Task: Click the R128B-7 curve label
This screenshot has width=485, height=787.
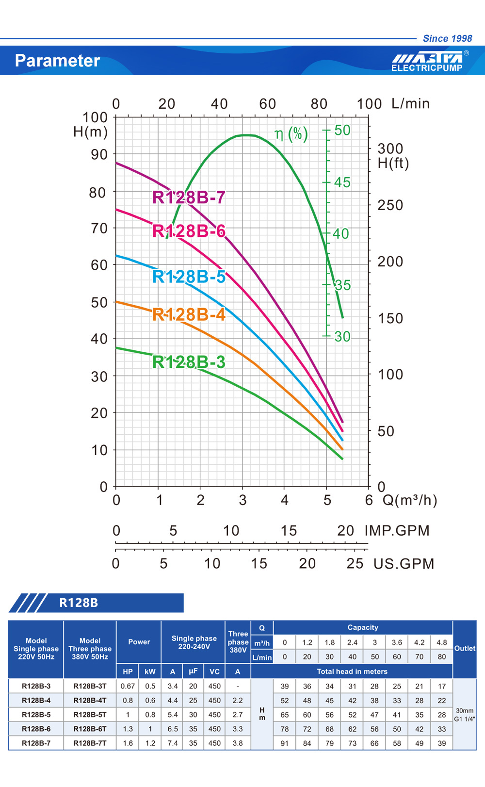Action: pos(189,197)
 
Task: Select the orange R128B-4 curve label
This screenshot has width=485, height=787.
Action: pos(189,315)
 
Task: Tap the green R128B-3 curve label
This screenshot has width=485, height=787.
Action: pos(189,362)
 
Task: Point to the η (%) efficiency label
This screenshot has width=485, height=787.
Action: pos(291,133)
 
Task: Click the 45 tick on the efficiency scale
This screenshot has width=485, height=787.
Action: pos(342,182)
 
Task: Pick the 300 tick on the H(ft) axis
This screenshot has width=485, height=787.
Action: pos(390,148)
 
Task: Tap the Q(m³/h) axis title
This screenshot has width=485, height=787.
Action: pos(410,500)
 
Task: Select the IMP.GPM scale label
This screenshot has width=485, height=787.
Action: pos(397,530)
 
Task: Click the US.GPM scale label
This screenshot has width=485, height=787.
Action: pos(404,564)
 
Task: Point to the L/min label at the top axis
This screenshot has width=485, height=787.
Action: pos(410,103)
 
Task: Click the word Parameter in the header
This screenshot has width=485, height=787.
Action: pos(57,61)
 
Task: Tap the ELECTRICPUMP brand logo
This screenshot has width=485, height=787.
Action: pos(427,62)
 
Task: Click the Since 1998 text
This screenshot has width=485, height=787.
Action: pos(447,38)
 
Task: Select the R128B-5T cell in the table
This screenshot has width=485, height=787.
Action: pos(90,715)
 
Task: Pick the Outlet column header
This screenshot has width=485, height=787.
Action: pos(465,648)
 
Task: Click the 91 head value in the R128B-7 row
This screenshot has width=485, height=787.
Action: pos(285,743)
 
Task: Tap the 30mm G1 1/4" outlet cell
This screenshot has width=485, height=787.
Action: pos(465,714)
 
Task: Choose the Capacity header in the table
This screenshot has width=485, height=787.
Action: pos(362,627)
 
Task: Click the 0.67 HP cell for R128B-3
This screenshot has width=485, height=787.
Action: pos(128,686)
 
